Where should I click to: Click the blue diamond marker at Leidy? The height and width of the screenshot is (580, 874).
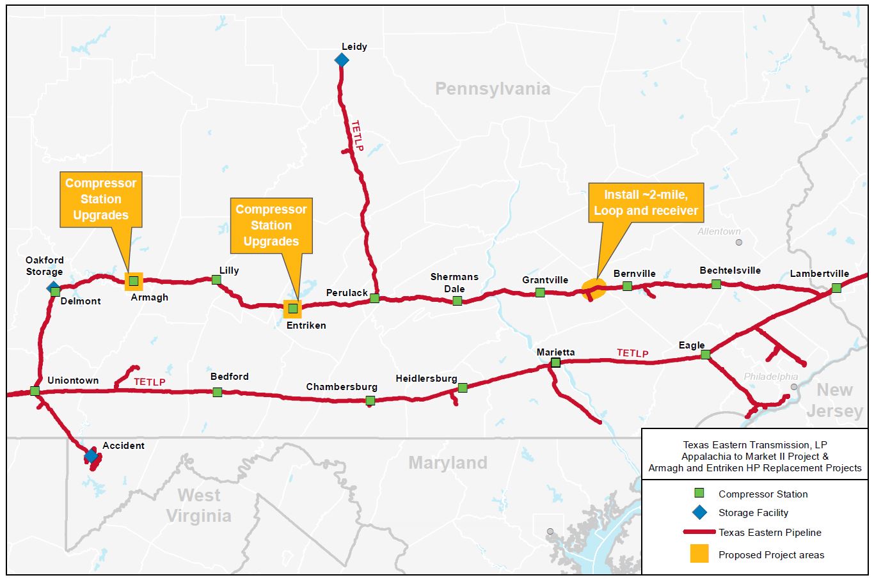(x=342, y=60)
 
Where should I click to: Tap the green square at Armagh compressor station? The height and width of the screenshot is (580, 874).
(x=134, y=281)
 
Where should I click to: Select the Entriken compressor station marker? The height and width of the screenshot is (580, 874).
(x=292, y=308)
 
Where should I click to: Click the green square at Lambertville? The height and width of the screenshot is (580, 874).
(x=836, y=288)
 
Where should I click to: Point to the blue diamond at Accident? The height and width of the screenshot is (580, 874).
(x=91, y=456)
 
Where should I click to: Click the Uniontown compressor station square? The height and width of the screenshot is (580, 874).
(x=35, y=391)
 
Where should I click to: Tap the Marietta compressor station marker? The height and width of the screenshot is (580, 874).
(x=555, y=363)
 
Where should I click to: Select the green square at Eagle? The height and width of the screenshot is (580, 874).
(x=705, y=354)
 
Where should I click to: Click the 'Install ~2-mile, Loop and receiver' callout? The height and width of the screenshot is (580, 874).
(x=646, y=203)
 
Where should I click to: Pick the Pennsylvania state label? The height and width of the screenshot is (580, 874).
(x=493, y=89)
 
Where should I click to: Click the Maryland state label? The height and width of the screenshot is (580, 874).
(x=448, y=462)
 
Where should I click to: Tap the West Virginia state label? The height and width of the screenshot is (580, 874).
(x=198, y=505)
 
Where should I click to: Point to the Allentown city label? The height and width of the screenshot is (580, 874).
(x=719, y=231)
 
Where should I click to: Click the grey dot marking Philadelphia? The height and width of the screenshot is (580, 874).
(x=794, y=387)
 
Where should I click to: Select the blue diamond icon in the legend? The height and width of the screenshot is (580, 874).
(x=699, y=512)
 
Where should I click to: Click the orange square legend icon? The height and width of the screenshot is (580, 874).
(x=699, y=554)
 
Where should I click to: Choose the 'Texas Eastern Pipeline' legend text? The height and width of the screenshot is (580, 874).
(x=770, y=532)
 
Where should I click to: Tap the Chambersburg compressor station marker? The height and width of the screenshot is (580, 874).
(x=370, y=401)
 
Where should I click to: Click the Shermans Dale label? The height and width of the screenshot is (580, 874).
(x=454, y=283)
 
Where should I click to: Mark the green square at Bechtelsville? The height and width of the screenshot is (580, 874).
(x=716, y=284)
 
